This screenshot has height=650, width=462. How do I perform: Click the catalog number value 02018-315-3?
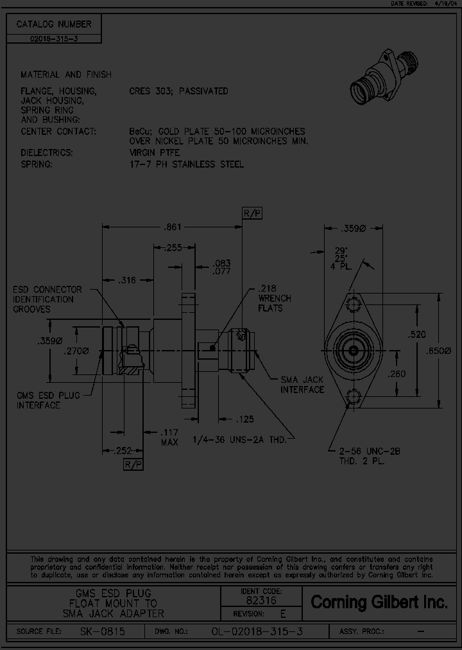click(55, 39)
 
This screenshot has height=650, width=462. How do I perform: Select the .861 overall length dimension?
click(172, 226)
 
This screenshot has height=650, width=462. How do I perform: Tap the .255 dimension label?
click(172, 247)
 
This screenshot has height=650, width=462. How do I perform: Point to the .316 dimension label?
click(128, 279)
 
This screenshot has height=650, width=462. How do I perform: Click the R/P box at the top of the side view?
click(252, 213)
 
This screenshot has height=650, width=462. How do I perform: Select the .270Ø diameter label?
click(76, 351)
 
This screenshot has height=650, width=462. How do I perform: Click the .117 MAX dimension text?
click(170, 438)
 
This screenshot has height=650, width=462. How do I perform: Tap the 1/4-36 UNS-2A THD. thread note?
click(243, 439)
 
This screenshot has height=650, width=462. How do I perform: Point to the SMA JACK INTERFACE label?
click(302, 385)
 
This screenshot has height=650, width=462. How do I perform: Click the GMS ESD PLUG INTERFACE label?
click(48, 400)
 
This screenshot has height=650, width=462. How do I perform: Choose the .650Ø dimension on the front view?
click(440, 350)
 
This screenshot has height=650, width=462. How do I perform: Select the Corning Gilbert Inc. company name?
click(379, 602)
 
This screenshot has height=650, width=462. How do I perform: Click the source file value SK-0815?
click(103, 632)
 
